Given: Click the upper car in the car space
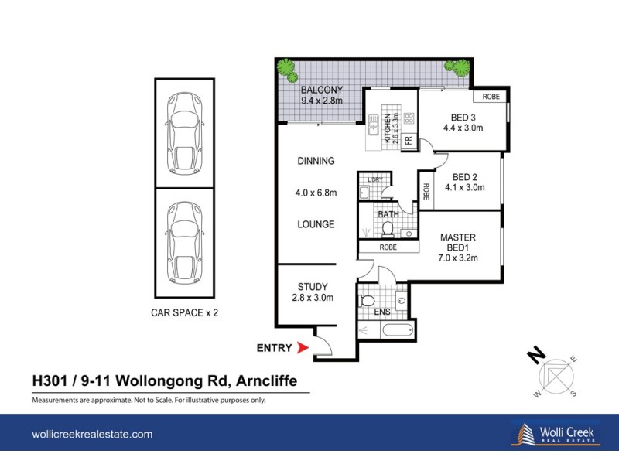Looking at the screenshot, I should pyautogui.click(x=183, y=131).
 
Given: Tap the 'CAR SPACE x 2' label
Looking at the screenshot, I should pyautogui.click(x=183, y=313).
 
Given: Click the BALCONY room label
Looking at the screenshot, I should pyautogui.click(x=322, y=90).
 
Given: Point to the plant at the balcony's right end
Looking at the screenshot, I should pyautogui.click(x=458, y=69).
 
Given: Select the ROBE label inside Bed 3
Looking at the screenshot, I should pyautogui.click(x=491, y=97).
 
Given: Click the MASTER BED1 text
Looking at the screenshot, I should pyautogui.click(x=457, y=241).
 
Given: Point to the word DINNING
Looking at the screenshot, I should pyautogui.click(x=316, y=161).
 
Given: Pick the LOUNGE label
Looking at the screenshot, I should pyautogui.click(x=316, y=224).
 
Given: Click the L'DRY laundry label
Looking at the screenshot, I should pyautogui.click(x=375, y=180).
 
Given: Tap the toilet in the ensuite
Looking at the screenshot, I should pyautogui.click(x=368, y=300).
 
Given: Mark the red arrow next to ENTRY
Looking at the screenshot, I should pyautogui.click(x=303, y=349).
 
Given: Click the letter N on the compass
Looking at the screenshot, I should pyautogui.click(x=534, y=356).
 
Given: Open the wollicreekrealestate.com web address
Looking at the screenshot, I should pyautogui.click(x=92, y=435).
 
